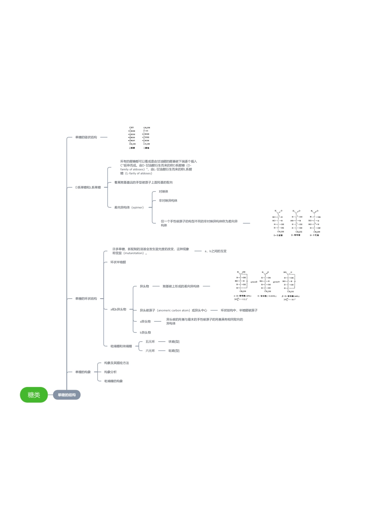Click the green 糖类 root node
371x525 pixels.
[34, 395]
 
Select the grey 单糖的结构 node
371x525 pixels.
[67, 395]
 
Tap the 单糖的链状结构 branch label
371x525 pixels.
[86, 137]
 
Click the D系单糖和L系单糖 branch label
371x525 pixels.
[88, 187]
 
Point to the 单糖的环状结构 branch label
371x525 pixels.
[86, 299]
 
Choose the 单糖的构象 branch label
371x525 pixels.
[83, 372]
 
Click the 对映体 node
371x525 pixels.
[163, 192]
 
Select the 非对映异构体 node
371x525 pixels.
[168, 201]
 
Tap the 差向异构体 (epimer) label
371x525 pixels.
[129, 208]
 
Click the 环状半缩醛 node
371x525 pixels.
[118, 262]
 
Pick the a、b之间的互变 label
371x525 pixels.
[216, 251]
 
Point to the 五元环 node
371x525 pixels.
[150, 342]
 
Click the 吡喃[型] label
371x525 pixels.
[174, 351]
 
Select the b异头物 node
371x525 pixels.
[145, 332]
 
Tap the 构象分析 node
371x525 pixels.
[110, 372]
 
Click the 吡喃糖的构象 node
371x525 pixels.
[113, 381]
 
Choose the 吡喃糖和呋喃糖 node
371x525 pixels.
[121, 346]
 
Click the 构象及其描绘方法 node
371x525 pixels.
[116, 363]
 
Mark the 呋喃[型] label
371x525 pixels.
[174, 342]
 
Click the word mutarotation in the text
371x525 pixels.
[134, 253]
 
